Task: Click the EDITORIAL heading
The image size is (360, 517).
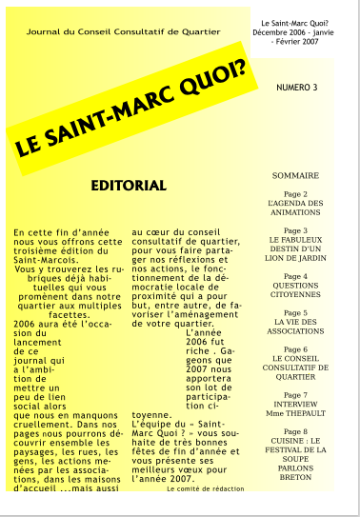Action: [129, 184]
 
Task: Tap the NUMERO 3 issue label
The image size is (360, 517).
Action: [296, 88]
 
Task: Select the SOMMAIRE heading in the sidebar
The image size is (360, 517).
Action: [295, 176]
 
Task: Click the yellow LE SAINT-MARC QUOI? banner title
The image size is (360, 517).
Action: [129, 106]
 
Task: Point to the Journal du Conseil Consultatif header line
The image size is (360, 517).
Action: [123, 31]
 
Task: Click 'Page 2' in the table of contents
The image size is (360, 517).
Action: [295, 193]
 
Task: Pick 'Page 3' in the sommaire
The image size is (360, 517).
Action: [295, 230]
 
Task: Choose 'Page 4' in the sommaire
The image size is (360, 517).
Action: [295, 275]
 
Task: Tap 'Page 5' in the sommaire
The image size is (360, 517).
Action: [295, 312]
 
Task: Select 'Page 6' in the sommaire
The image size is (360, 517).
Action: [295, 348]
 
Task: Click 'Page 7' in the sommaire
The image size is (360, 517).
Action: [295, 394]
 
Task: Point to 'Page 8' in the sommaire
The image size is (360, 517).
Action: [295, 430]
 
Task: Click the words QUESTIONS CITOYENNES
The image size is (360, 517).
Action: [295, 290]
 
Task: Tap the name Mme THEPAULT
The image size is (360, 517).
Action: [295, 413]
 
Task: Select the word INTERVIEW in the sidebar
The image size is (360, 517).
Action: [295, 404]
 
